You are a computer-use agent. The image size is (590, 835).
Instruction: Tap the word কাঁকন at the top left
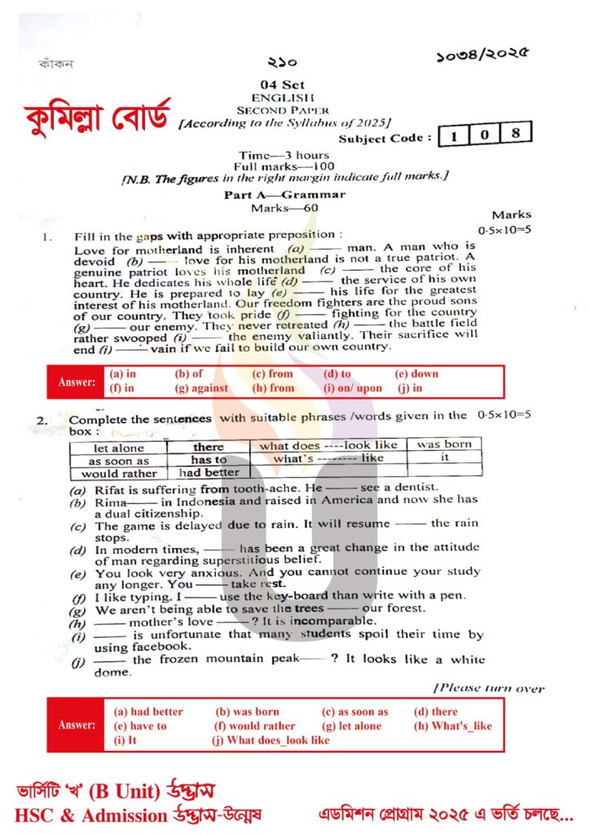click(56, 64)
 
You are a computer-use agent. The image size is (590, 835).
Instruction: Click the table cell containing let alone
click(119, 448)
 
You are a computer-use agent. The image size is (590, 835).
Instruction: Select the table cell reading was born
click(444, 444)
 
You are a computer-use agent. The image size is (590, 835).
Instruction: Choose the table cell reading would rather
click(119, 473)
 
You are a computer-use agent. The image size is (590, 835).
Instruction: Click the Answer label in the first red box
click(77, 381)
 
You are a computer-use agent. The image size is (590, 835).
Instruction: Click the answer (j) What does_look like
click(271, 740)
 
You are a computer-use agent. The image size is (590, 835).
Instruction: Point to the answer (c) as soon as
click(355, 711)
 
